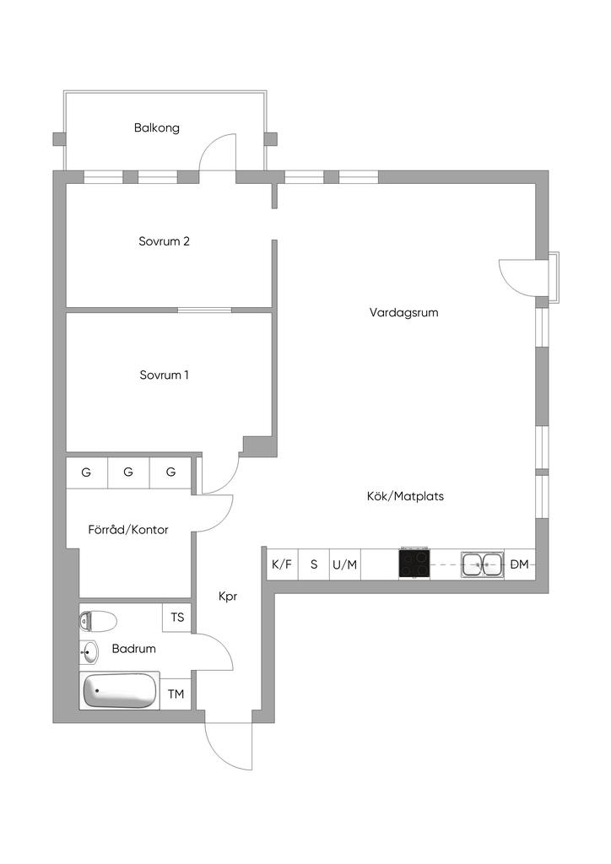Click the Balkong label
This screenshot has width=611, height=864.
coord(157,128)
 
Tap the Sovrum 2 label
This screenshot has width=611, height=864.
coord(165,241)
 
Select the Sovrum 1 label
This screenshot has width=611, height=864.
coord(165,375)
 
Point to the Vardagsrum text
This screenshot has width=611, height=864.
coord(404,312)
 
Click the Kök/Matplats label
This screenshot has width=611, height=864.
coord(405,496)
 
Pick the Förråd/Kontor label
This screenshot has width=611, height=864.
coord(128,530)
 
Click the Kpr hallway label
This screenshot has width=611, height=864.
coord(228,597)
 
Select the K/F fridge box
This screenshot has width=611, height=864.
coord(282,564)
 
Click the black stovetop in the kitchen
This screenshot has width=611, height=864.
coord(414,563)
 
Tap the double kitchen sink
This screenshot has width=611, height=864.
coord(482,564)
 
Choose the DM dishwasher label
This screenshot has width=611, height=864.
coord(520,564)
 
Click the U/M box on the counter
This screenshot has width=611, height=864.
coord(344,564)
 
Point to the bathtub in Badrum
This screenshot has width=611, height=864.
coord(121,691)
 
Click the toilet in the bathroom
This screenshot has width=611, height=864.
coord(96,622)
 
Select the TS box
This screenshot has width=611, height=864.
coord(177,618)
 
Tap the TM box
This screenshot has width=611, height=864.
coord(176,694)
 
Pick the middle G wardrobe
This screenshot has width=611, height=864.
coord(128,472)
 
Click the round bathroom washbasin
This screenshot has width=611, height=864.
coord(90,652)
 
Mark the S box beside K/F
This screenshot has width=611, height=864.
coord(314,564)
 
